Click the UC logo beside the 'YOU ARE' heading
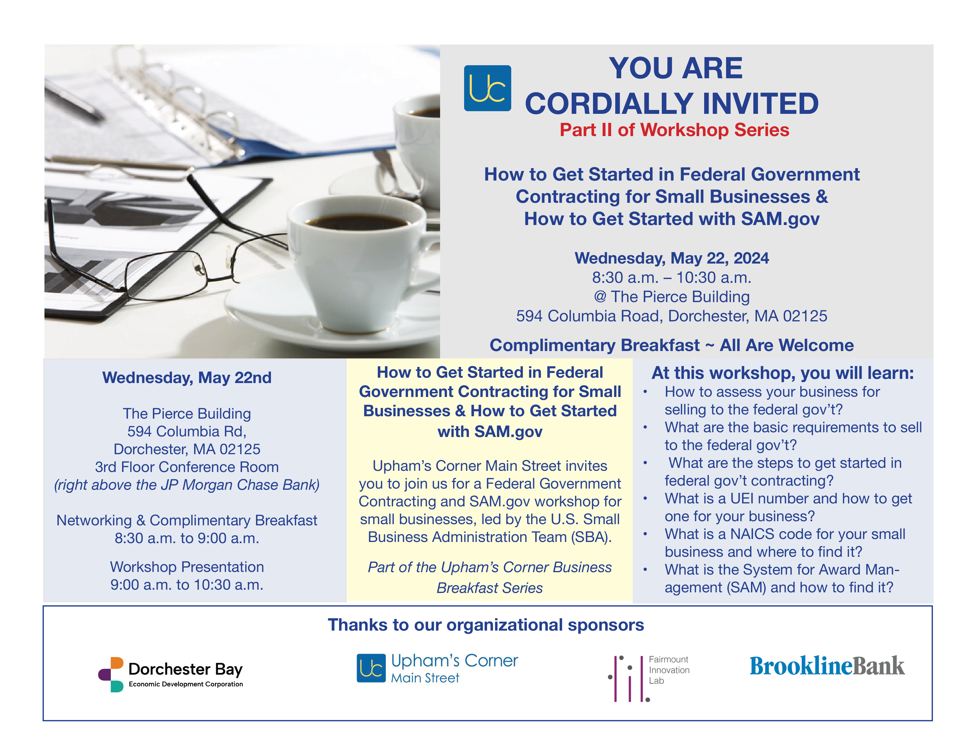pos(487,88)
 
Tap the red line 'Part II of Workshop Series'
pos(674,130)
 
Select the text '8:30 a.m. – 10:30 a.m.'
pos(671,278)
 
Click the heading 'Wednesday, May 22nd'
pos(187,377)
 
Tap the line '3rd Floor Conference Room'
pos(187,467)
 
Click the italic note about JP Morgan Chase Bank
pos(187,485)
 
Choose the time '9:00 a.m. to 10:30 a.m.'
pos(187,585)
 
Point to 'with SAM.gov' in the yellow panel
pos(490,432)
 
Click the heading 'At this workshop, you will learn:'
pos(782,373)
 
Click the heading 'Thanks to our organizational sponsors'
pos(486,625)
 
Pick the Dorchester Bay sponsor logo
pos(171,674)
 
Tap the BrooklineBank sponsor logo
pos(827,666)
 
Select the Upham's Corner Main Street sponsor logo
pos(437,668)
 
